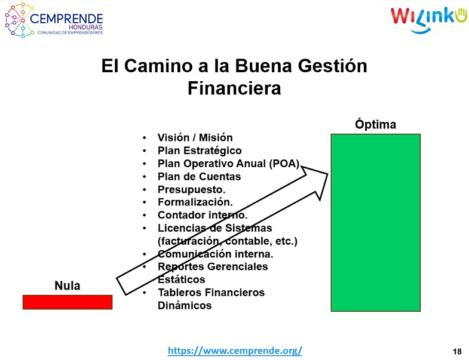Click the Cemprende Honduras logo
54,20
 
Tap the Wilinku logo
428,19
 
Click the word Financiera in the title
234,88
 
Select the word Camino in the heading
158,66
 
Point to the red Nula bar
68,302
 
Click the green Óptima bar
376,223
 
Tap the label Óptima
376,124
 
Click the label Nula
68,285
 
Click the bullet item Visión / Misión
195,137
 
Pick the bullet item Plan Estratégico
200,150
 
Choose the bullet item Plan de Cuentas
199,176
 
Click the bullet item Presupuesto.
191,190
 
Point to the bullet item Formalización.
195,202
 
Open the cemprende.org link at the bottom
235,350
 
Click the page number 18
457,351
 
